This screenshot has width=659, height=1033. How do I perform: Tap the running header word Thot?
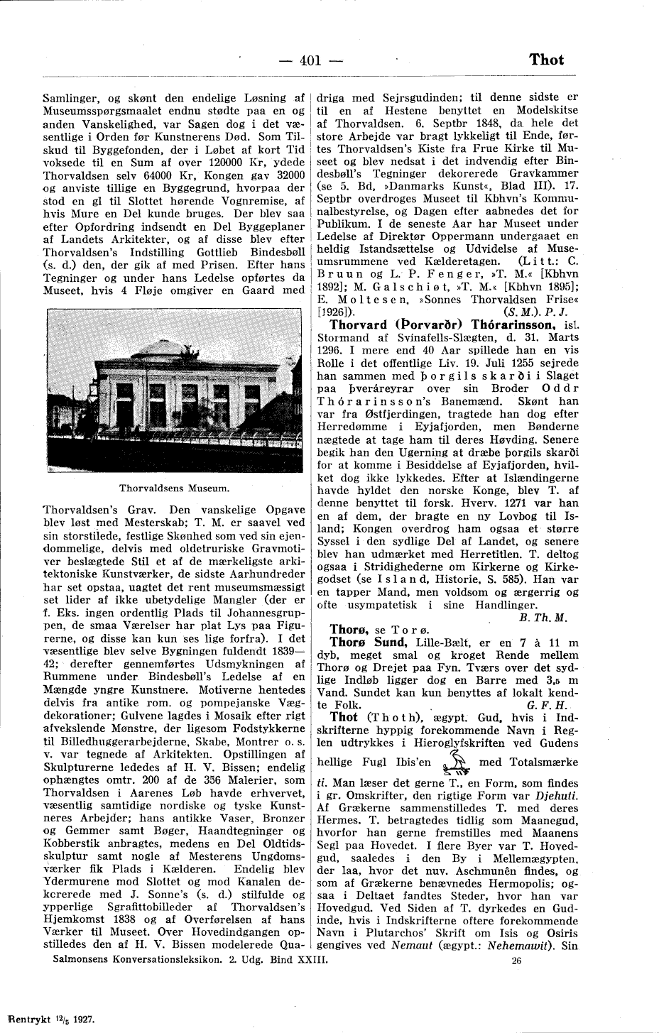click(x=546, y=60)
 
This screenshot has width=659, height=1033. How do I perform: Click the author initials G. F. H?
click(x=548, y=706)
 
